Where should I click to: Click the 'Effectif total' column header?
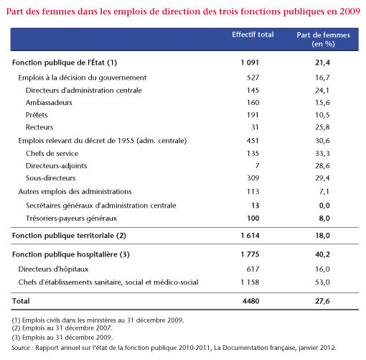253,34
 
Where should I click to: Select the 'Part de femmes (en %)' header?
323,40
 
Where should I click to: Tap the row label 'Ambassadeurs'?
49,103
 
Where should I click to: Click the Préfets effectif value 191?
253,115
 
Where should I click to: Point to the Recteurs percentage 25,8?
322,127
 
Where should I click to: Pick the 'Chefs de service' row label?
52,154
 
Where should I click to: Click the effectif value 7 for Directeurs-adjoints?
257,166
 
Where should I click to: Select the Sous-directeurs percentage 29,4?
322,178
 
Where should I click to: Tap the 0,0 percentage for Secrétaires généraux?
324,206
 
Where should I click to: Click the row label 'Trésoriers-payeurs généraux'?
71,218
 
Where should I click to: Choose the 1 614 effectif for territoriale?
250,236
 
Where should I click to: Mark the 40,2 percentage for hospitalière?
322,254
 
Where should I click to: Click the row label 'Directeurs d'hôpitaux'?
53,269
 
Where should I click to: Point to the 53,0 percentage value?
322,282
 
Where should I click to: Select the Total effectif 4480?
250,301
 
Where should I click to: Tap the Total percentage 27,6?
322,301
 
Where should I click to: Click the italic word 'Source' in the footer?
21,348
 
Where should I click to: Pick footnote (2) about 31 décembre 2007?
62,328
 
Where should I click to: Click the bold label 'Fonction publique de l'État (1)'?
65,63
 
